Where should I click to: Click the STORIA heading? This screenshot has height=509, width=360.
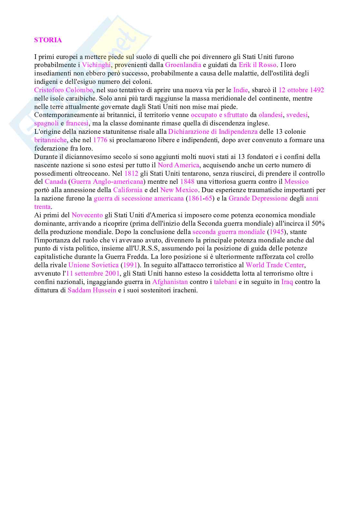[x=48, y=40]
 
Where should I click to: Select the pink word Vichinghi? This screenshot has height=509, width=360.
[x=96, y=65]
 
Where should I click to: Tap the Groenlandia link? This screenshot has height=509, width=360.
[x=183, y=65]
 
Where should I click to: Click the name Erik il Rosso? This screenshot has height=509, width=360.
[x=257, y=65]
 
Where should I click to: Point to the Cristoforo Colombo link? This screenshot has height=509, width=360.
[x=63, y=90]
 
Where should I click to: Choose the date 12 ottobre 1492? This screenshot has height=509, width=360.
[x=301, y=90]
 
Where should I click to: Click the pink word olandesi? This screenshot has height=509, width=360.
[x=270, y=115]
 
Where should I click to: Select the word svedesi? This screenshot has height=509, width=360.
[x=297, y=115]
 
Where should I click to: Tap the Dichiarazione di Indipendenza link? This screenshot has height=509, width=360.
[x=213, y=132]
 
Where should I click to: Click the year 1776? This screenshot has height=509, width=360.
[x=100, y=140]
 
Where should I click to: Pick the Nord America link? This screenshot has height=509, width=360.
[x=178, y=165]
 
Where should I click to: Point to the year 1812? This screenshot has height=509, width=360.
[x=131, y=173]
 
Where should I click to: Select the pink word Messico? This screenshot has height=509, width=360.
[x=296, y=181]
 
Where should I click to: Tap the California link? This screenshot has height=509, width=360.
[x=128, y=190]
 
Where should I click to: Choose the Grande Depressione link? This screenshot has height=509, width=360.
[x=258, y=198]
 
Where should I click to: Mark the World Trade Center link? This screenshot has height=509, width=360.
[x=275, y=265]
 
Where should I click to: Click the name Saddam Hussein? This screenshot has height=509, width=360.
[x=92, y=290]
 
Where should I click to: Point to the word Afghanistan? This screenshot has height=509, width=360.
[x=170, y=282]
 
